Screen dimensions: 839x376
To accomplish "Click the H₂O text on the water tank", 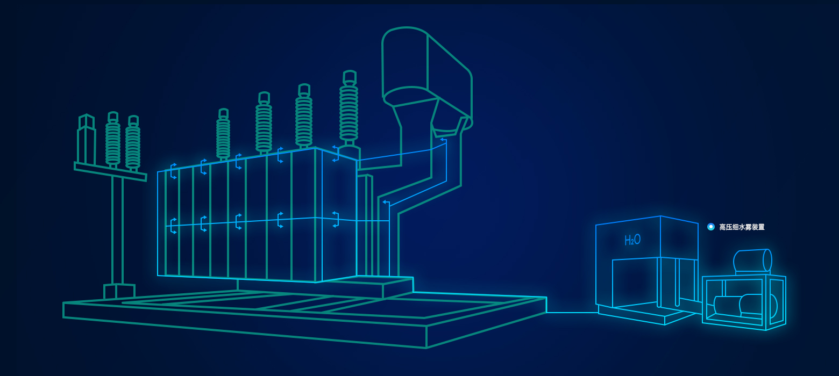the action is [632, 240].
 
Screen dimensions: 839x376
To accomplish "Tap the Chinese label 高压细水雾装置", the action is [742, 227].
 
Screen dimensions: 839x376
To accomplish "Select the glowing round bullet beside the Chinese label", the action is [710, 227].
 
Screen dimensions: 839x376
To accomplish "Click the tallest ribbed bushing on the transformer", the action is [349, 109].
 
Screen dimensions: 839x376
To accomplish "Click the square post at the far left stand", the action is [86, 139].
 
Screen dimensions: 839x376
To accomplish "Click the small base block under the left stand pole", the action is [119, 291].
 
